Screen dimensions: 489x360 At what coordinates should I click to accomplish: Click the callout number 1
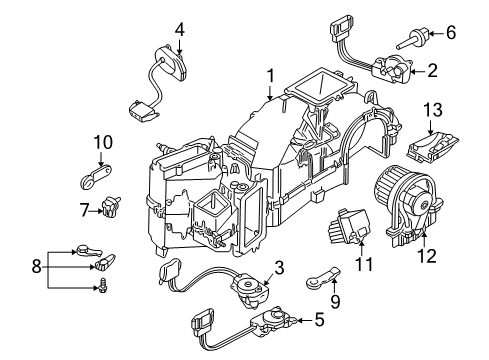270,76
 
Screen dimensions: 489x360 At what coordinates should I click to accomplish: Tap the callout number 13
433,110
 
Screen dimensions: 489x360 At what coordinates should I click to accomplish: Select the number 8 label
37,267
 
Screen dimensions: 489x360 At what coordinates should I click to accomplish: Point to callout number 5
319,320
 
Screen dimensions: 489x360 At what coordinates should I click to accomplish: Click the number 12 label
427,256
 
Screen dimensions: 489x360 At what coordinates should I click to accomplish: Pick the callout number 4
179,30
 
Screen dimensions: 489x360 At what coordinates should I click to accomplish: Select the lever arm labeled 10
96,177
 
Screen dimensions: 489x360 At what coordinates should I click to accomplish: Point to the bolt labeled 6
413,38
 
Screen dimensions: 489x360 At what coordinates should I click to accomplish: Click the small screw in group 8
103,286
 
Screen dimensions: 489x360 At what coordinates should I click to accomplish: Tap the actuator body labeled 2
392,71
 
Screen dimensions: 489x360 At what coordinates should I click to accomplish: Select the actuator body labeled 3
249,291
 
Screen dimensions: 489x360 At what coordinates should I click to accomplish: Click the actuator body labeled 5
272,321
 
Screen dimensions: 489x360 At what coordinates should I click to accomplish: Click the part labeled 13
432,146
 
